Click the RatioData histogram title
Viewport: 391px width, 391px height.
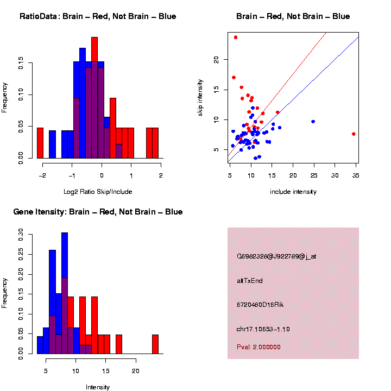click(x=98, y=17)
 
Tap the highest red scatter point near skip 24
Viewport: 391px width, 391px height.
click(x=236, y=37)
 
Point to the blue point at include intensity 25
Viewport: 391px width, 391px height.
click(x=313, y=122)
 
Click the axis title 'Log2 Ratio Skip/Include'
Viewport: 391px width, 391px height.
click(x=98, y=192)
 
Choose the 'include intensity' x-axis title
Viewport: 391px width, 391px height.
click(x=293, y=192)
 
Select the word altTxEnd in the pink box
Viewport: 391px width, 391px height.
click(x=250, y=281)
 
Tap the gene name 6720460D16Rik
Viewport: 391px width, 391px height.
click(x=260, y=305)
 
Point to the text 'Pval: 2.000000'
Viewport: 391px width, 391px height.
click(x=258, y=347)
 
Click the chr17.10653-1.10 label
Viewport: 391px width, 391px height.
click(x=263, y=329)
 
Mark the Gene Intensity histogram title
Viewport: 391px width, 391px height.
click(x=98, y=212)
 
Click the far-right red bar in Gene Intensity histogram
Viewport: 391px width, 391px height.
click(x=155, y=344)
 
